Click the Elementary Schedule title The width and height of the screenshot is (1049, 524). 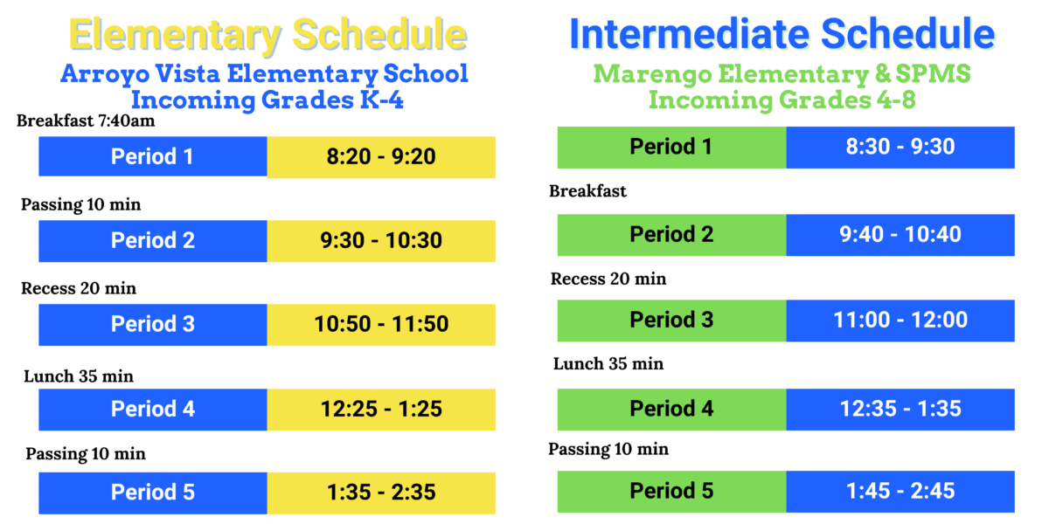267,35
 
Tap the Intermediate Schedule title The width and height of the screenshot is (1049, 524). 782,34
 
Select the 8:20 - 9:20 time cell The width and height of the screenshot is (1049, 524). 381,157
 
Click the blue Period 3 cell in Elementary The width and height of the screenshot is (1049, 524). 153,325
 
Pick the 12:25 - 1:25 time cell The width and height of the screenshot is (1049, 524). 381,410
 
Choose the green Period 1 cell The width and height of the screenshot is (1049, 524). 671,147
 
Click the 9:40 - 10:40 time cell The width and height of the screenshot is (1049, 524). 900,235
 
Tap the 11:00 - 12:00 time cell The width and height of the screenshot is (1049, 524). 900,321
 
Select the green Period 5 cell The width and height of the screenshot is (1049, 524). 671,492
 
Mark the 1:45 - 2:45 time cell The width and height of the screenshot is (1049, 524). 900,492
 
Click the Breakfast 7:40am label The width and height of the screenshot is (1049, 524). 86,121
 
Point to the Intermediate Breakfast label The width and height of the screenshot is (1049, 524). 587,191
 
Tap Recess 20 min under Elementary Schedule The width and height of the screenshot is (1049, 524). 79,288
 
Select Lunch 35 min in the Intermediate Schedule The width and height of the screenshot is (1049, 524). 608,363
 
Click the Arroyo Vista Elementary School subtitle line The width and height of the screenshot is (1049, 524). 264,73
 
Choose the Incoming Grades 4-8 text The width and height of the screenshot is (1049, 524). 782,100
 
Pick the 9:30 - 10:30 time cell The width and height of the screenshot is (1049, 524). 381,241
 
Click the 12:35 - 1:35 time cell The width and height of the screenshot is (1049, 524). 900,408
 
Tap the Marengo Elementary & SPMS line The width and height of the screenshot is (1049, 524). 782,74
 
